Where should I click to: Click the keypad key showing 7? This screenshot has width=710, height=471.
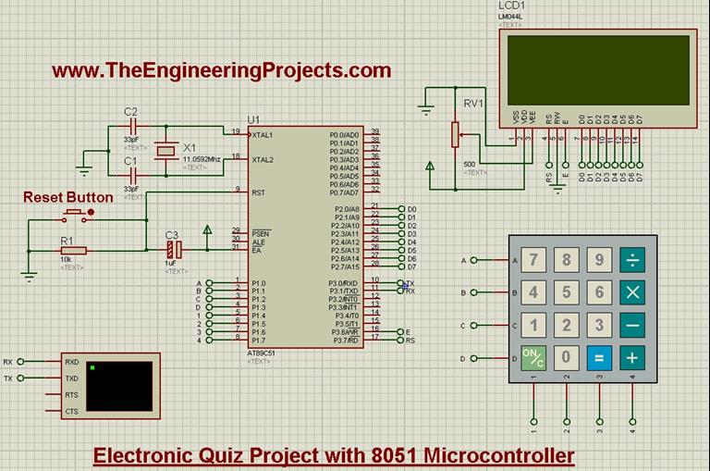tap(533, 260)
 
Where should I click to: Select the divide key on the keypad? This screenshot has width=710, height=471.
tap(633, 260)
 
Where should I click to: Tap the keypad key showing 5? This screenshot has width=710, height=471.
tap(567, 292)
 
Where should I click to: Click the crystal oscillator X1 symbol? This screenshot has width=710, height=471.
tap(165, 148)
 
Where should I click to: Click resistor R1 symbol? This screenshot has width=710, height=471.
tap(73, 250)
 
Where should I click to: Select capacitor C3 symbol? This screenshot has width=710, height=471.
tap(173, 249)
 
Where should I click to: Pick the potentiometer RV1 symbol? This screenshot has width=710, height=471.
tap(454, 135)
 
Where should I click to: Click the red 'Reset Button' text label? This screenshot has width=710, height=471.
tap(67, 197)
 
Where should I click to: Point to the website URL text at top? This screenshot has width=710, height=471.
tap(221, 70)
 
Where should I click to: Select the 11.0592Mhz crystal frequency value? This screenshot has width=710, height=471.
tap(202, 159)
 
